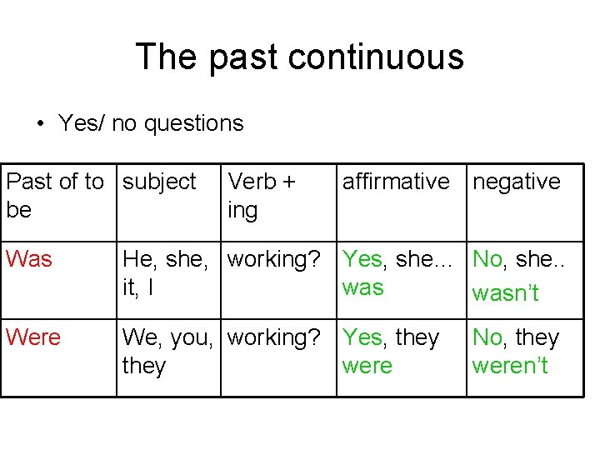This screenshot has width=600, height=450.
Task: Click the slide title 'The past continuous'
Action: click(x=299, y=57)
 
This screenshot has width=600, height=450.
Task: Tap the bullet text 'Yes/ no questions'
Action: click(x=151, y=123)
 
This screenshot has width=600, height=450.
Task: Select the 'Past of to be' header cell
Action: click(x=54, y=195)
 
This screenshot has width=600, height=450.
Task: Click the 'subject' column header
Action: click(x=159, y=182)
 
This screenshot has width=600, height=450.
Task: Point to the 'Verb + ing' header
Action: click(x=261, y=195)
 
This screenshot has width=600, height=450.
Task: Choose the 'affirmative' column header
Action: click(x=395, y=182)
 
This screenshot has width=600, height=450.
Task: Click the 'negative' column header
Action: click(x=517, y=182)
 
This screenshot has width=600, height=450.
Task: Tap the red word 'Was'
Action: click(x=28, y=259)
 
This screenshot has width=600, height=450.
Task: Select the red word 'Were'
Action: click(x=33, y=337)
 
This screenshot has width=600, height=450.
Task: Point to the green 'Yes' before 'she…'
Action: click(x=362, y=259)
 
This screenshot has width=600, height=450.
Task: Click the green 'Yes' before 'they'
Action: click(x=362, y=337)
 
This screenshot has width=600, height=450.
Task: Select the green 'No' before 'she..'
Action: click(x=487, y=259)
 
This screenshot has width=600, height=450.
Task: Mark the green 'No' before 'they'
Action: click(x=487, y=337)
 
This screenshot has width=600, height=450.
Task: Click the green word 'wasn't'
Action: click(x=505, y=292)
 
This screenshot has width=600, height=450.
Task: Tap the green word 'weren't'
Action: click(x=509, y=366)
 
